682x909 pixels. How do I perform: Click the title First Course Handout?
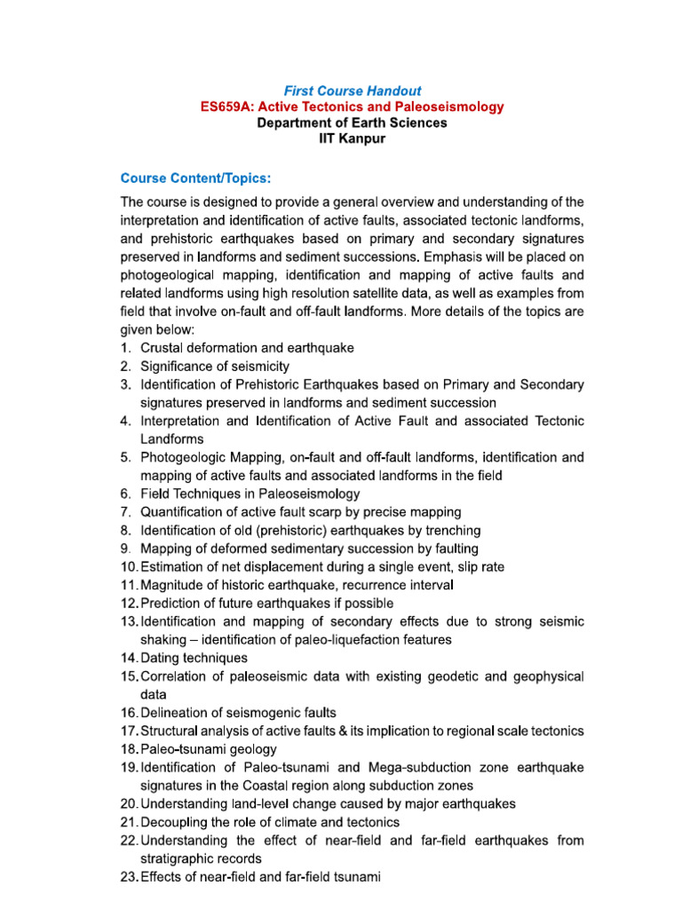pyautogui.click(x=353, y=91)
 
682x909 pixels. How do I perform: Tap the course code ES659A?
pyautogui.click(x=226, y=107)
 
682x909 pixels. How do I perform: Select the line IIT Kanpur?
pyautogui.click(x=353, y=139)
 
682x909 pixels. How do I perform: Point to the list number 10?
pyautogui.click(x=129, y=566)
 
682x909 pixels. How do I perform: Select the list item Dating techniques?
pyautogui.click(x=194, y=658)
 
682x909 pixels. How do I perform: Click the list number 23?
pyautogui.click(x=129, y=877)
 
